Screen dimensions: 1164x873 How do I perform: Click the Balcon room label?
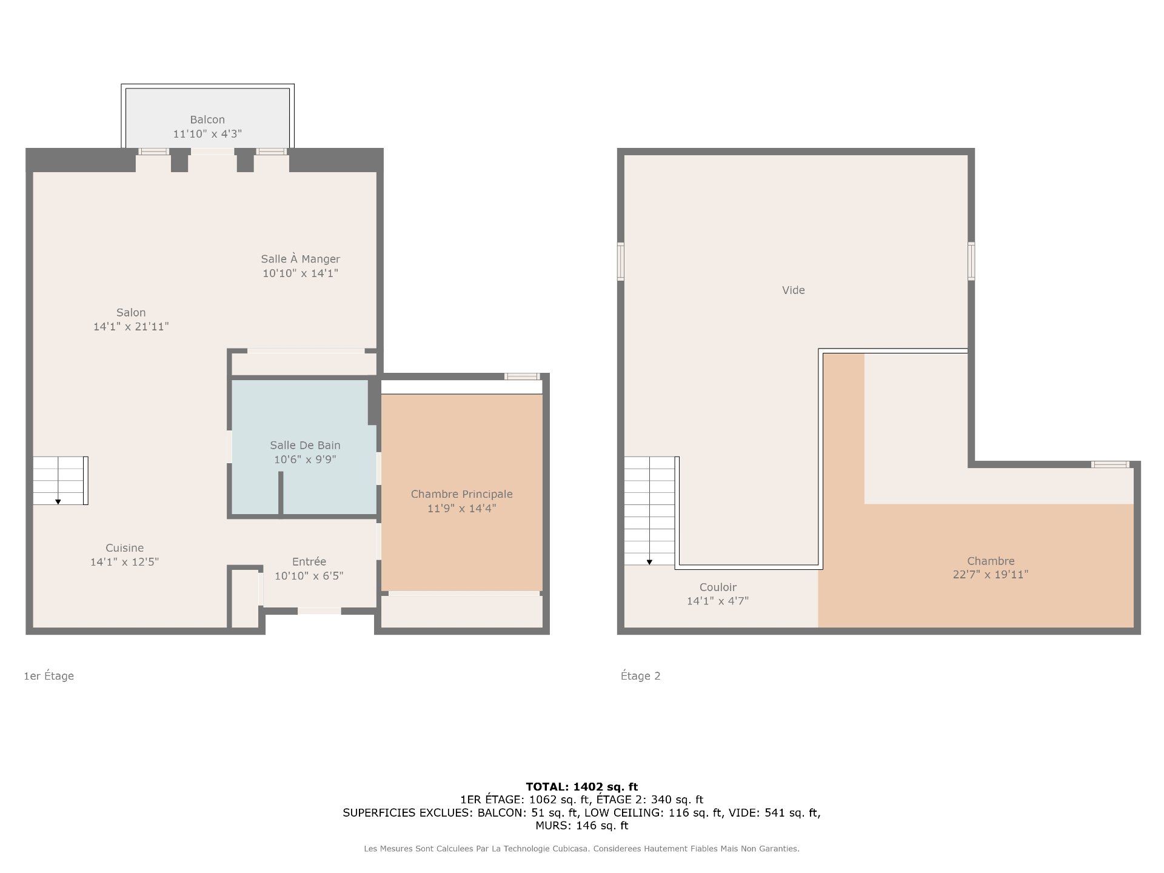pos(207,120)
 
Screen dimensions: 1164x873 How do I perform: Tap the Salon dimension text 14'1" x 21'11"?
pos(131,327)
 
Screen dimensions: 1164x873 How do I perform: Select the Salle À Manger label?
pos(301,259)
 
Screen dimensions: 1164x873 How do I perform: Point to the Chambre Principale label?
pos(462,494)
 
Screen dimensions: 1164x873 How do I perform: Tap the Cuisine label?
pos(125,548)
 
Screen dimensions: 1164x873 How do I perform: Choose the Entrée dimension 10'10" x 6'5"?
pos(309,576)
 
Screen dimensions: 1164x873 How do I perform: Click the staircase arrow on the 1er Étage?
pos(58,501)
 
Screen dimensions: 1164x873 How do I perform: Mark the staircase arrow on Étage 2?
pos(649,562)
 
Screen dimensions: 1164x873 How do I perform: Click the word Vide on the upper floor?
pos(794,290)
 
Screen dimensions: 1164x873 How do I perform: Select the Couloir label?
pos(718,587)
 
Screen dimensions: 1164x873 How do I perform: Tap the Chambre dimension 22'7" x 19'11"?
pos(991,575)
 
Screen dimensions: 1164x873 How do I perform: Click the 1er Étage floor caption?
pos(49,676)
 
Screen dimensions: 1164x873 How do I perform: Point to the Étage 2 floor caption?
pos(641,676)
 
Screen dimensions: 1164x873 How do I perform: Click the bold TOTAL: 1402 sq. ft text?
pos(582,787)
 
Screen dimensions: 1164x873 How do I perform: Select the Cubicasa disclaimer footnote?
pos(582,849)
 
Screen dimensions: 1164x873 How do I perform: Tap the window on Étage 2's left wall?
pos(621,262)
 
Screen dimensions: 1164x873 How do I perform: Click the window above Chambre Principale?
pos(522,376)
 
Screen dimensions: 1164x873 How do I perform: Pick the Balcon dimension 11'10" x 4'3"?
pos(207,134)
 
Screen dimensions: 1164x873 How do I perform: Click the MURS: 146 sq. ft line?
pos(582,826)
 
